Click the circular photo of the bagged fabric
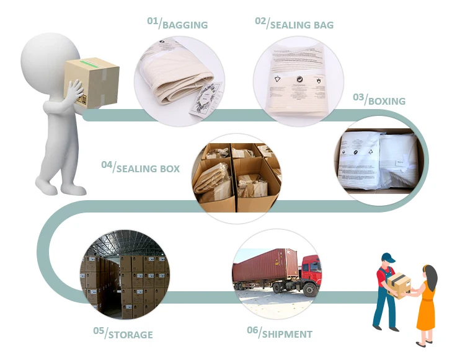pos(179,79)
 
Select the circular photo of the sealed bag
pos(298,80)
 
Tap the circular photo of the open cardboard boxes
pos(235,174)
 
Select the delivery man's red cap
pos(389,257)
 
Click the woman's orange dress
pos(426,310)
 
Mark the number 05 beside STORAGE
pos(99,331)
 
